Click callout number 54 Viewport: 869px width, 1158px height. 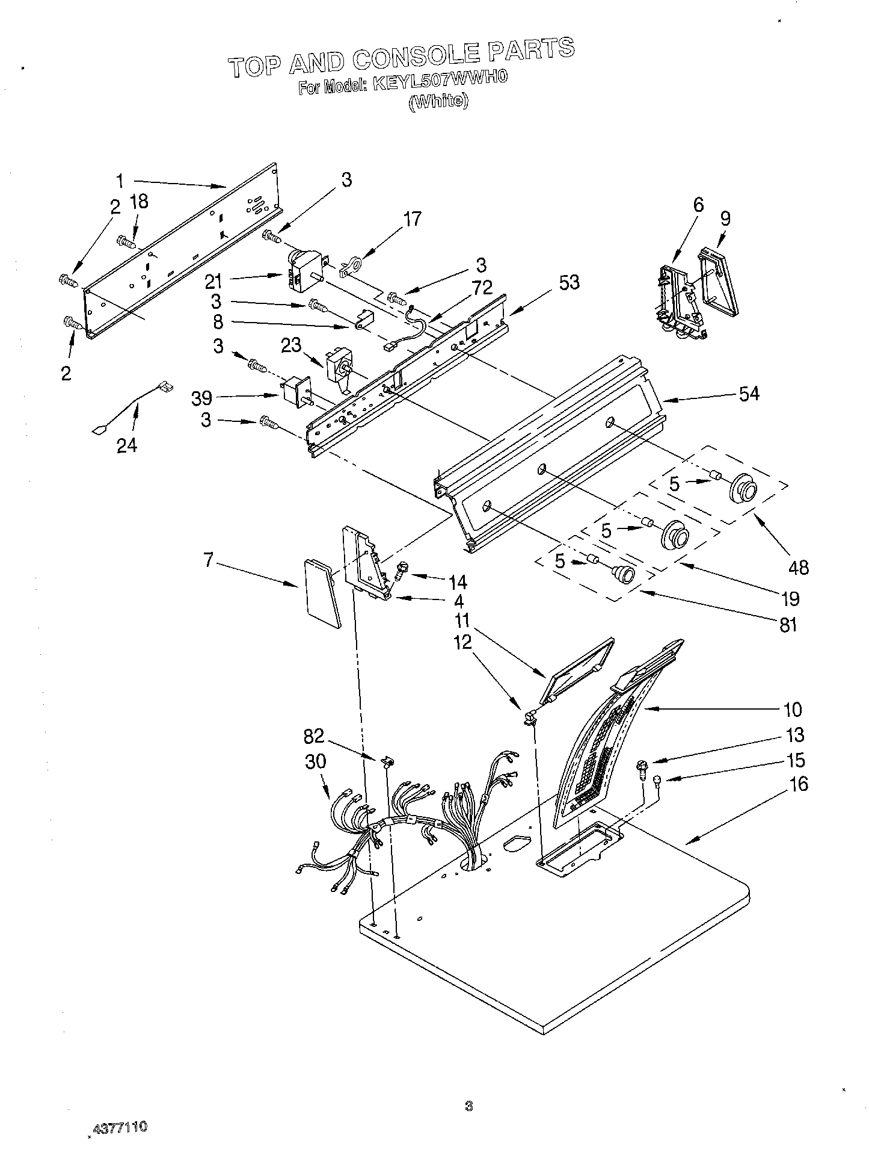pyautogui.click(x=749, y=394)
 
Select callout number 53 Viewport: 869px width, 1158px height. pyautogui.click(x=568, y=282)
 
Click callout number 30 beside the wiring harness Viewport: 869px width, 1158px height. pyautogui.click(x=315, y=761)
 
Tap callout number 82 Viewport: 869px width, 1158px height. pyautogui.click(x=314, y=735)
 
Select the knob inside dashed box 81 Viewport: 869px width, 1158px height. pyautogui.click(x=624, y=575)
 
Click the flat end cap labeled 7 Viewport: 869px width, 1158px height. pyautogui.click(x=321, y=591)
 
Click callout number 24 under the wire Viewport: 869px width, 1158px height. pyautogui.click(x=127, y=446)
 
